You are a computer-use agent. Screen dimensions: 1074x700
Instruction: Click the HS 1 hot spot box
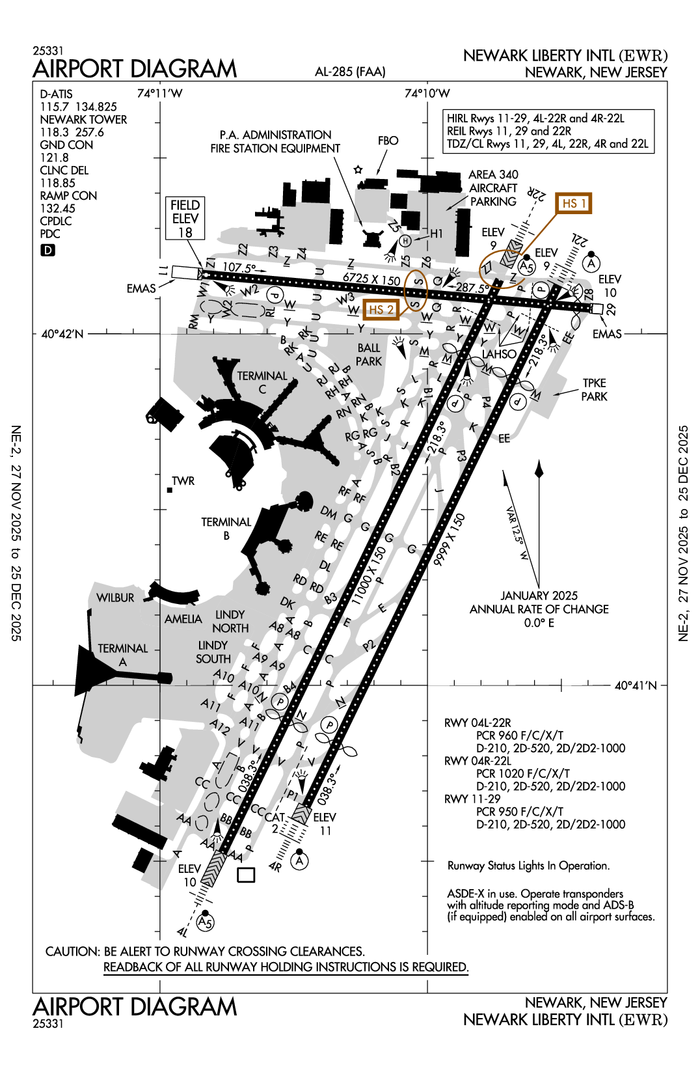click(x=574, y=203)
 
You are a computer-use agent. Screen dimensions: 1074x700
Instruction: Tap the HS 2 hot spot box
click(x=381, y=310)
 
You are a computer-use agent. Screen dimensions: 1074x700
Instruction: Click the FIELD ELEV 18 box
click(x=185, y=219)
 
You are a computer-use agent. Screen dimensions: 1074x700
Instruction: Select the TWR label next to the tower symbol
click(x=183, y=481)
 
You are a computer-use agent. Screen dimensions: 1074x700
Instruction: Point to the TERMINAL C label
click(x=262, y=382)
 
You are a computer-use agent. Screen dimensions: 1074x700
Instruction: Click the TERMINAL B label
click(x=226, y=529)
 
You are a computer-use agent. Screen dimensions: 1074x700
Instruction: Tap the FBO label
click(x=388, y=141)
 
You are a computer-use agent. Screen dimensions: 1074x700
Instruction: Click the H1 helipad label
click(x=436, y=233)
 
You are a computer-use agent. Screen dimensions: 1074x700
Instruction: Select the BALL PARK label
click(x=369, y=355)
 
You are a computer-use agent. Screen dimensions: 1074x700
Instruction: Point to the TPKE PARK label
click(x=594, y=389)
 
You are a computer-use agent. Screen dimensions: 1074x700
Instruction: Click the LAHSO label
click(x=499, y=354)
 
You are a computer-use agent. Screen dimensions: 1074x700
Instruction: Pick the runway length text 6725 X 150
click(x=371, y=278)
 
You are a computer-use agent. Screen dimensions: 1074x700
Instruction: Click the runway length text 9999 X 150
click(x=449, y=540)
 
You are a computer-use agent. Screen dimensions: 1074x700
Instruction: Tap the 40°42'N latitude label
click(x=62, y=334)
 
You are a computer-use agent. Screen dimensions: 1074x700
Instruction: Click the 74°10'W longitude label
click(x=427, y=93)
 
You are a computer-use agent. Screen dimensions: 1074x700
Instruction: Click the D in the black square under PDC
click(x=47, y=250)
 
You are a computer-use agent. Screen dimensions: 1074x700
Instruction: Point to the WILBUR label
click(x=115, y=598)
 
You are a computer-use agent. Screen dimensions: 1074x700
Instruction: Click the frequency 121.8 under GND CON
click(x=54, y=158)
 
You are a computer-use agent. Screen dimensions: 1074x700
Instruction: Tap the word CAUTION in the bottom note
click(x=72, y=952)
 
